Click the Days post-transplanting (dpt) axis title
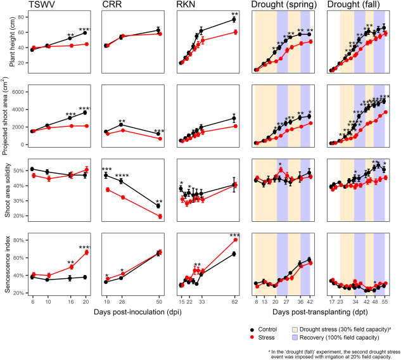(319, 312)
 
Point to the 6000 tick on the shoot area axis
(17, 91)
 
